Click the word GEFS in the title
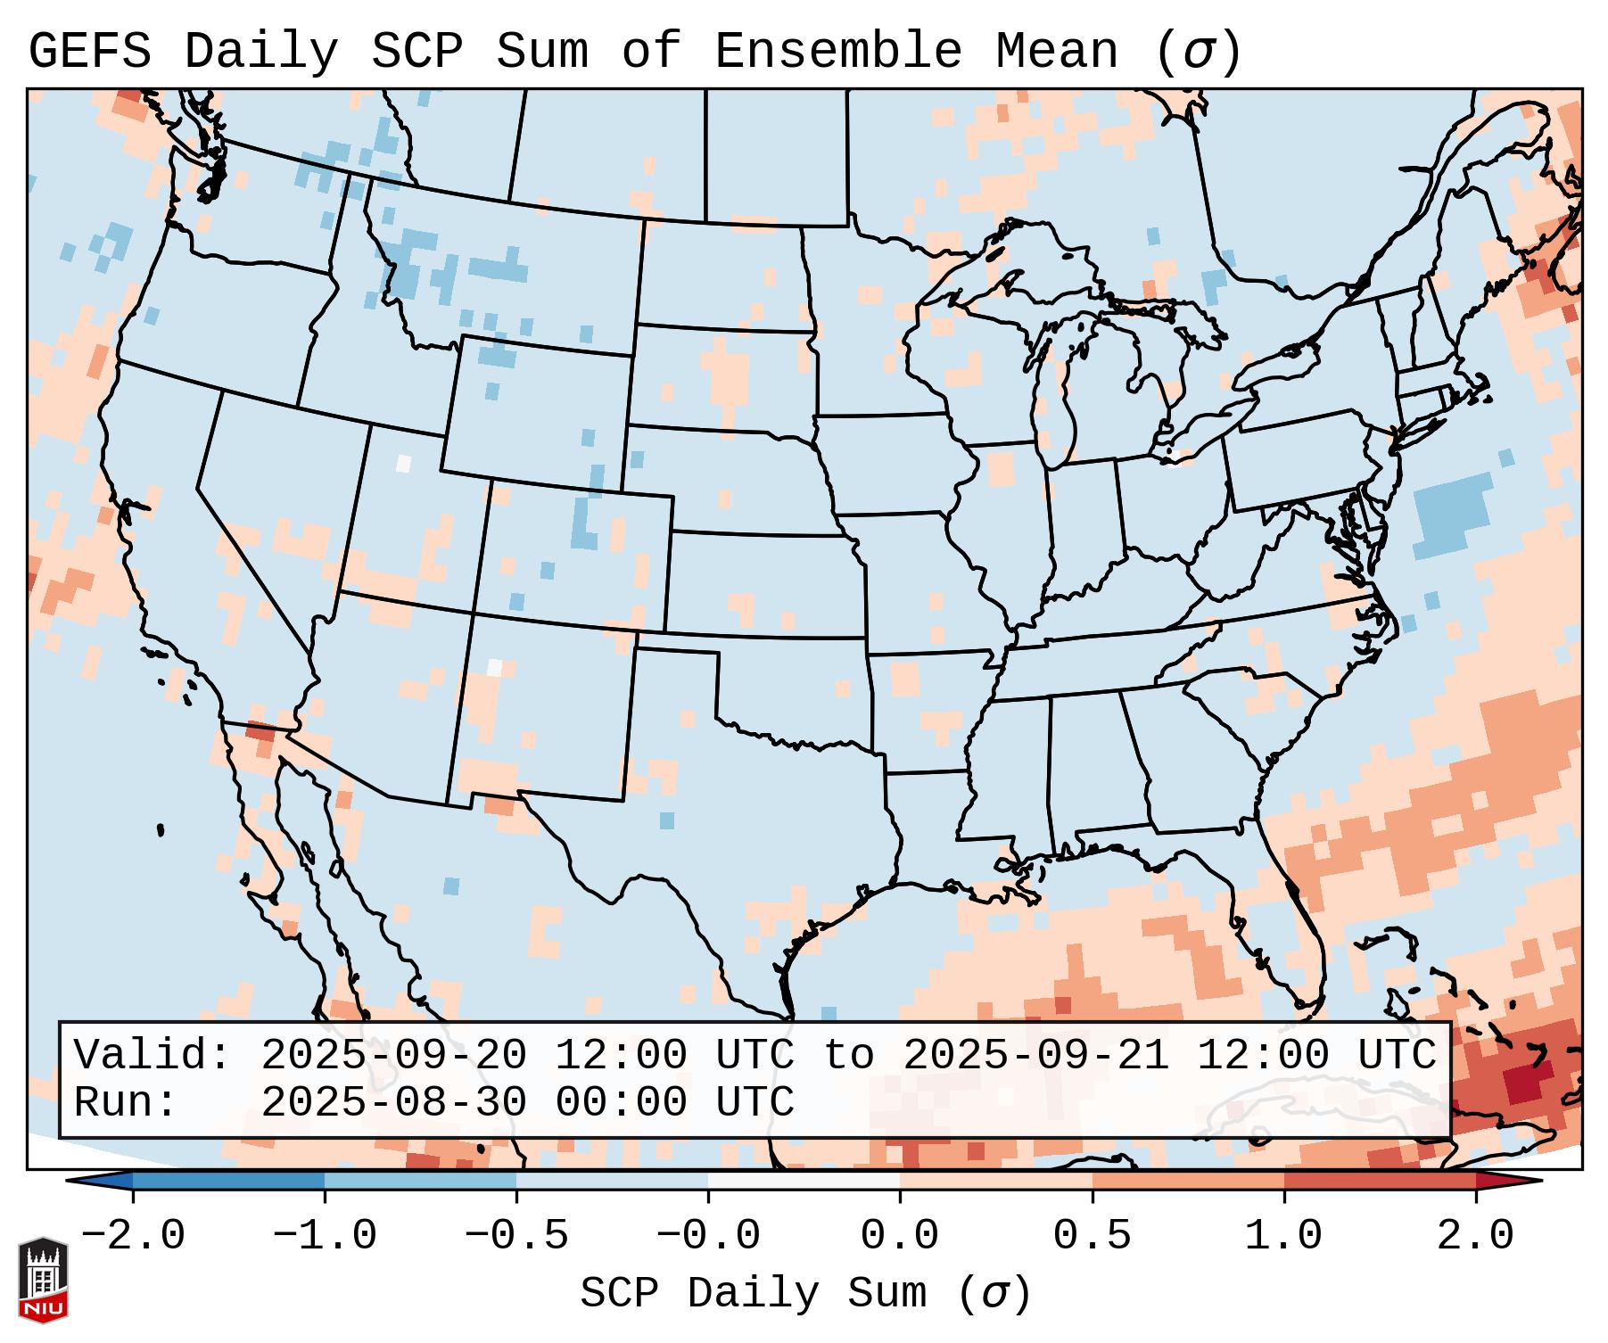click(89, 51)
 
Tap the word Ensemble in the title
click(838, 51)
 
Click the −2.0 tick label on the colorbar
click(133, 1236)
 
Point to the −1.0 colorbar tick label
click(325, 1236)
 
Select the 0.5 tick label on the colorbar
click(1093, 1236)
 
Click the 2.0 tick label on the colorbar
click(1476, 1236)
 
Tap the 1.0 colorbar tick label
click(1284, 1236)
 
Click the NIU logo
click(43, 1279)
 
